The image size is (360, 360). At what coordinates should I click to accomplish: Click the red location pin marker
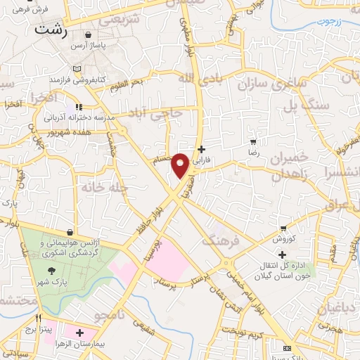point(181,164)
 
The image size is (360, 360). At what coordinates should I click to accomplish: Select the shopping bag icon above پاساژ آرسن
point(88,34)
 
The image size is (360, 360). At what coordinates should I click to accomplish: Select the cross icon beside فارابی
point(201,149)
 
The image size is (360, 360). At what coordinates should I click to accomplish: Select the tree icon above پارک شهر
point(51,271)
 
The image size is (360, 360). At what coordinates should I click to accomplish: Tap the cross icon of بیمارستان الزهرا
point(79,333)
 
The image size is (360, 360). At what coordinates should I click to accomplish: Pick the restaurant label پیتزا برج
point(30,329)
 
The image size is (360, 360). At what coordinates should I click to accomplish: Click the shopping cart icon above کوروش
point(283,229)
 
